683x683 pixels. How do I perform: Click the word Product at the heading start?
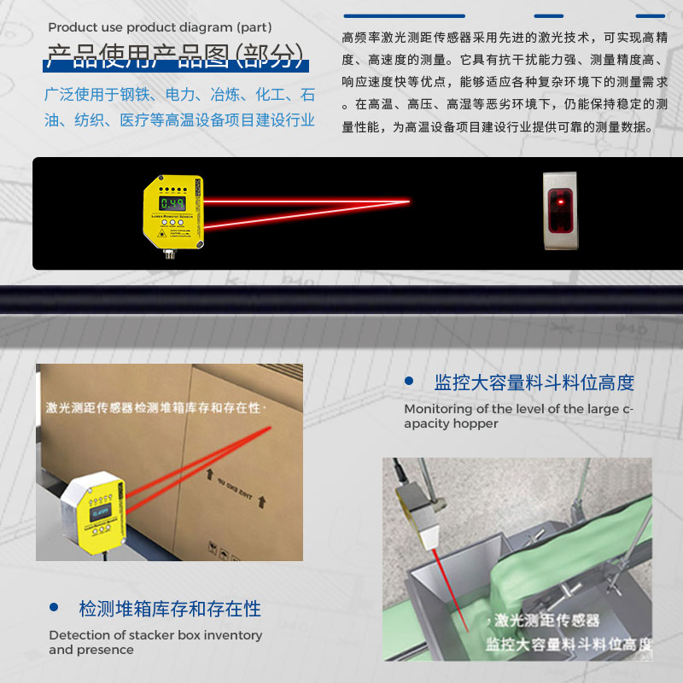[x=70, y=27]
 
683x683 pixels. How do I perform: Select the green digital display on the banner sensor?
[x=174, y=203]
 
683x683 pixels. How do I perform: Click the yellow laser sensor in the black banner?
[x=174, y=209]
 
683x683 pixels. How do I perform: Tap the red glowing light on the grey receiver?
[x=560, y=204]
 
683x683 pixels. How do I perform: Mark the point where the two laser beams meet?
[x=409, y=201]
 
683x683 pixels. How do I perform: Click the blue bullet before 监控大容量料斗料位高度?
[x=409, y=381]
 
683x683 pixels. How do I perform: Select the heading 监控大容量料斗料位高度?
[x=534, y=382]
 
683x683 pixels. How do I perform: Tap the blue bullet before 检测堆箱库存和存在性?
[x=55, y=608]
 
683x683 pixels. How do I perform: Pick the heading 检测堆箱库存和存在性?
[x=170, y=609]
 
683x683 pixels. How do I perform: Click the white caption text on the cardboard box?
[x=154, y=408]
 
